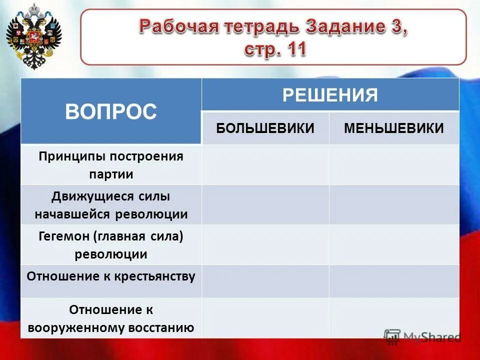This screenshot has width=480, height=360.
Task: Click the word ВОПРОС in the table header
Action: pos(110,111)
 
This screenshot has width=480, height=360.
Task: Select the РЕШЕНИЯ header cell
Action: pos(330,94)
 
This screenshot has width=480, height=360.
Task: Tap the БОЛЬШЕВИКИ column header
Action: pos(265,128)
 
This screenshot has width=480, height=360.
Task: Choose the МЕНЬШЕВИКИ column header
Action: pos(394,128)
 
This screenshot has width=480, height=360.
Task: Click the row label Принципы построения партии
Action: pos(111,165)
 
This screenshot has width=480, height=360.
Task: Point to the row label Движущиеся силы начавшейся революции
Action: pos(111,205)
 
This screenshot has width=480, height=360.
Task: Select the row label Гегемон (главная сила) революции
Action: pos(111,245)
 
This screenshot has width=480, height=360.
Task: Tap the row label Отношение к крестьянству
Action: pos(111,276)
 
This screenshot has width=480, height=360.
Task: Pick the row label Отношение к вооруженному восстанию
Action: pos(111,318)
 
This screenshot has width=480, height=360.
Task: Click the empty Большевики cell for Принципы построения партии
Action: pos(265,165)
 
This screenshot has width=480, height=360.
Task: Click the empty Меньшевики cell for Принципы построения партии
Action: pos(394,165)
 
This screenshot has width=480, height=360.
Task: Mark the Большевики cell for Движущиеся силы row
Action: pos(265,205)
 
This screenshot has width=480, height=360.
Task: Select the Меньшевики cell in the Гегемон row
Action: pos(394,245)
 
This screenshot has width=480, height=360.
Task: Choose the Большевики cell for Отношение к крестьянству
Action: pos(265,281)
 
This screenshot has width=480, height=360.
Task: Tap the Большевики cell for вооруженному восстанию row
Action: pos(265,318)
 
